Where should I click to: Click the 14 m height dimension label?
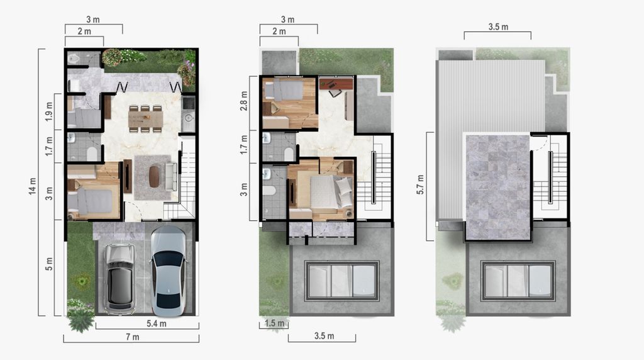click(33, 186)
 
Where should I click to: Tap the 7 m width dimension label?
click(133, 337)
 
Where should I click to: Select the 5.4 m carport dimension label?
click(157, 324)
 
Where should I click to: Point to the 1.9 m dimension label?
click(49, 111)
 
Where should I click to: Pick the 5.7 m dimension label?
click(421, 184)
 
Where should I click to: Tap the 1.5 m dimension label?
click(274, 323)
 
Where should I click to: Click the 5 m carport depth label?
click(49, 264)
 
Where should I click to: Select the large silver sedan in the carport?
click(169, 271)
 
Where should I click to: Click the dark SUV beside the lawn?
click(119, 278)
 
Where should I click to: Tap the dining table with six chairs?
click(145, 119)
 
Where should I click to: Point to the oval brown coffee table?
click(154, 176)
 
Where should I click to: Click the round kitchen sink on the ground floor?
click(189, 118)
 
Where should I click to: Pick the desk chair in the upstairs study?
click(335, 93)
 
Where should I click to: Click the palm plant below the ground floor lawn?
click(81, 320)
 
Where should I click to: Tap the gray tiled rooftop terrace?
click(498, 187)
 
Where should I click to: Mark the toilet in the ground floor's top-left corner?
click(74, 59)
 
